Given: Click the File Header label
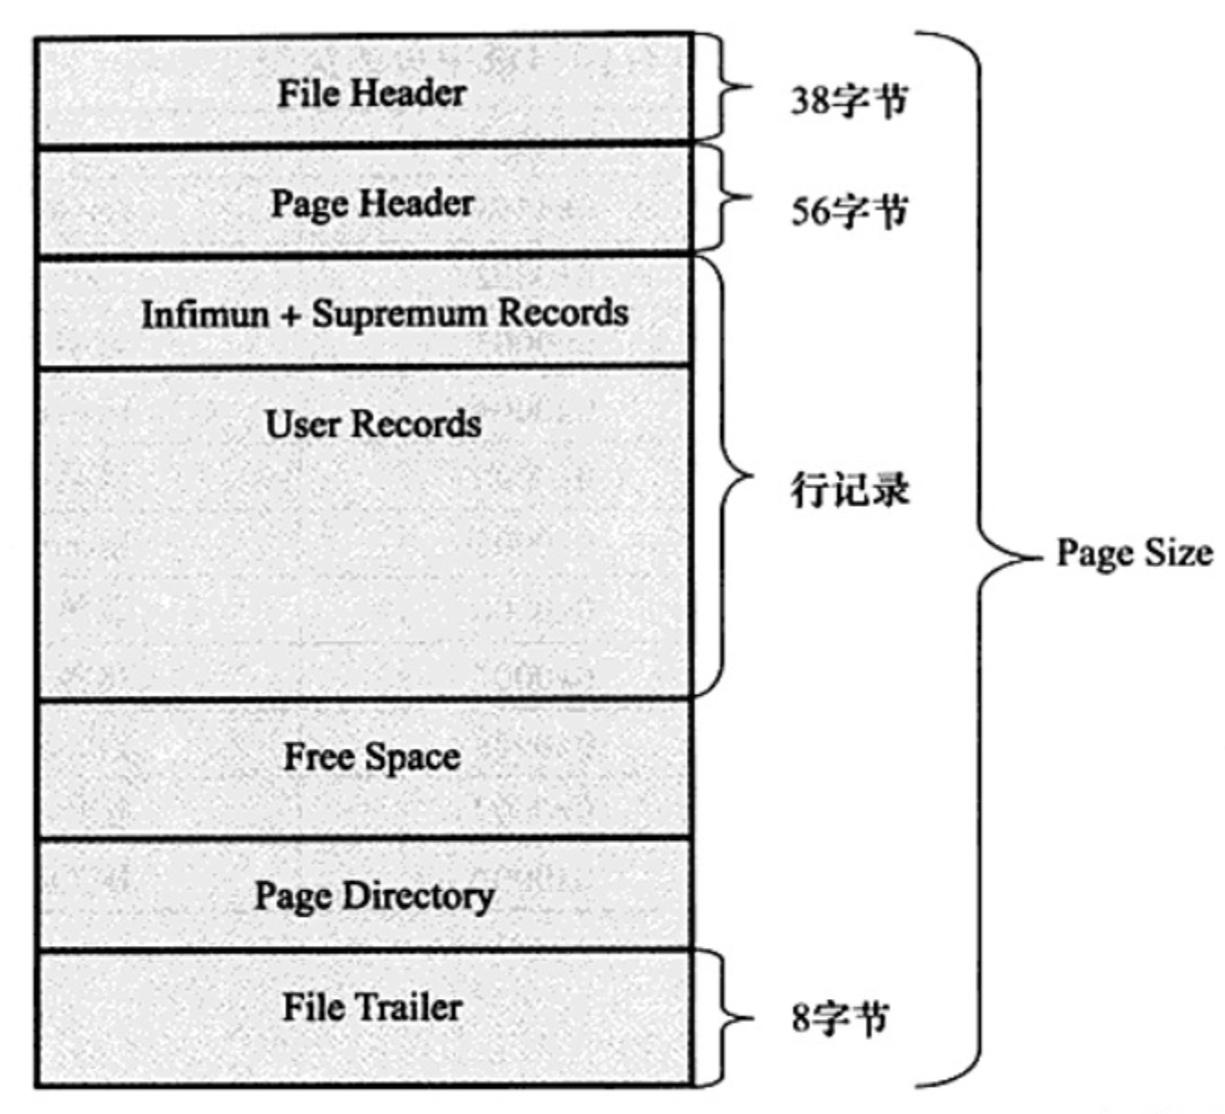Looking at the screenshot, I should tap(372, 93).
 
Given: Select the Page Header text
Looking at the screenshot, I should tap(372, 204).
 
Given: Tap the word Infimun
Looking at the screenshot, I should tap(205, 314).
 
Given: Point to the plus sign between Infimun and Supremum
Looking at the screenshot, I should tap(290, 315).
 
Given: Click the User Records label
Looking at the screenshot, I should tap(372, 424).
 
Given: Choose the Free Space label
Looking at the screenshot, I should tap(372, 757).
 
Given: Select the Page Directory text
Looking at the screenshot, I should tap(373, 897).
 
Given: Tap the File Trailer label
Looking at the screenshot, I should tap(372, 1007).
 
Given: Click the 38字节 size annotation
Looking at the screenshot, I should tap(849, 100).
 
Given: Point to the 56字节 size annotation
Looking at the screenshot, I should tap(849, 211).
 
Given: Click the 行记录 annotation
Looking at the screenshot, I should tap(849, 490).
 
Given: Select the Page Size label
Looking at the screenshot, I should tap(1134, 553).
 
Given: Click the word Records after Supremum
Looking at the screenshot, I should tap(562, 313).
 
